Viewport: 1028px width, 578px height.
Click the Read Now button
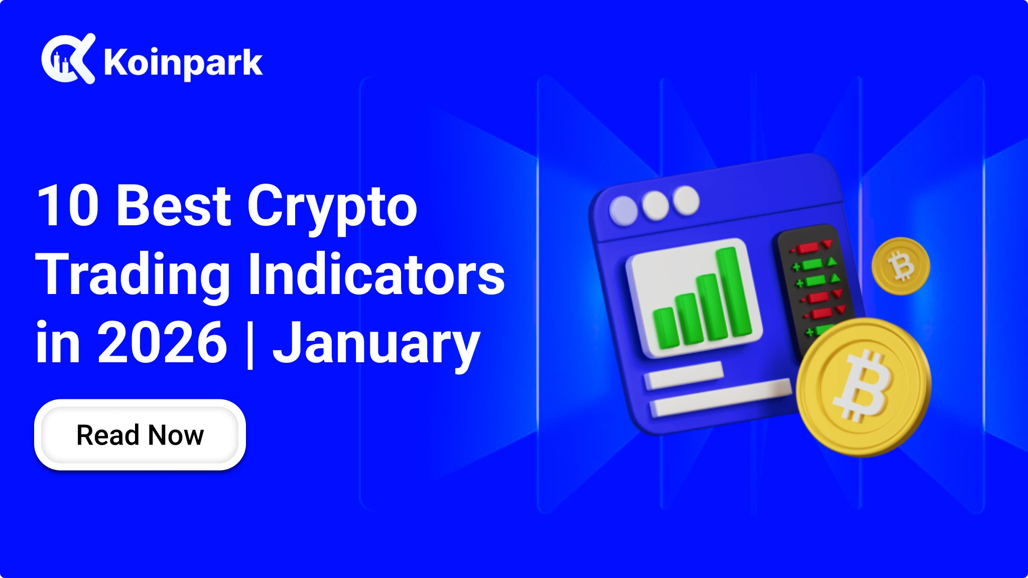pos(140,435)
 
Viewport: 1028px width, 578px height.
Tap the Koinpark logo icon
pos(68,59)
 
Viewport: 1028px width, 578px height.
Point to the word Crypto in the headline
pos(332,208)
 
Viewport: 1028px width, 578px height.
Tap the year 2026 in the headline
pos(162,342)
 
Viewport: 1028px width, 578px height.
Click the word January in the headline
pos(376,346)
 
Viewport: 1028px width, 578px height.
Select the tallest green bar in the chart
pos(734,292)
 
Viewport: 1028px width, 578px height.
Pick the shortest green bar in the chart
pos(666,328)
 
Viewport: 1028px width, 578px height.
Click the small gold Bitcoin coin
pos(901,266)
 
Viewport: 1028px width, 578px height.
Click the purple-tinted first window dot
pos(623,210)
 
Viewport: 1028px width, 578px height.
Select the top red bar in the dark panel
pos(808,248)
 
